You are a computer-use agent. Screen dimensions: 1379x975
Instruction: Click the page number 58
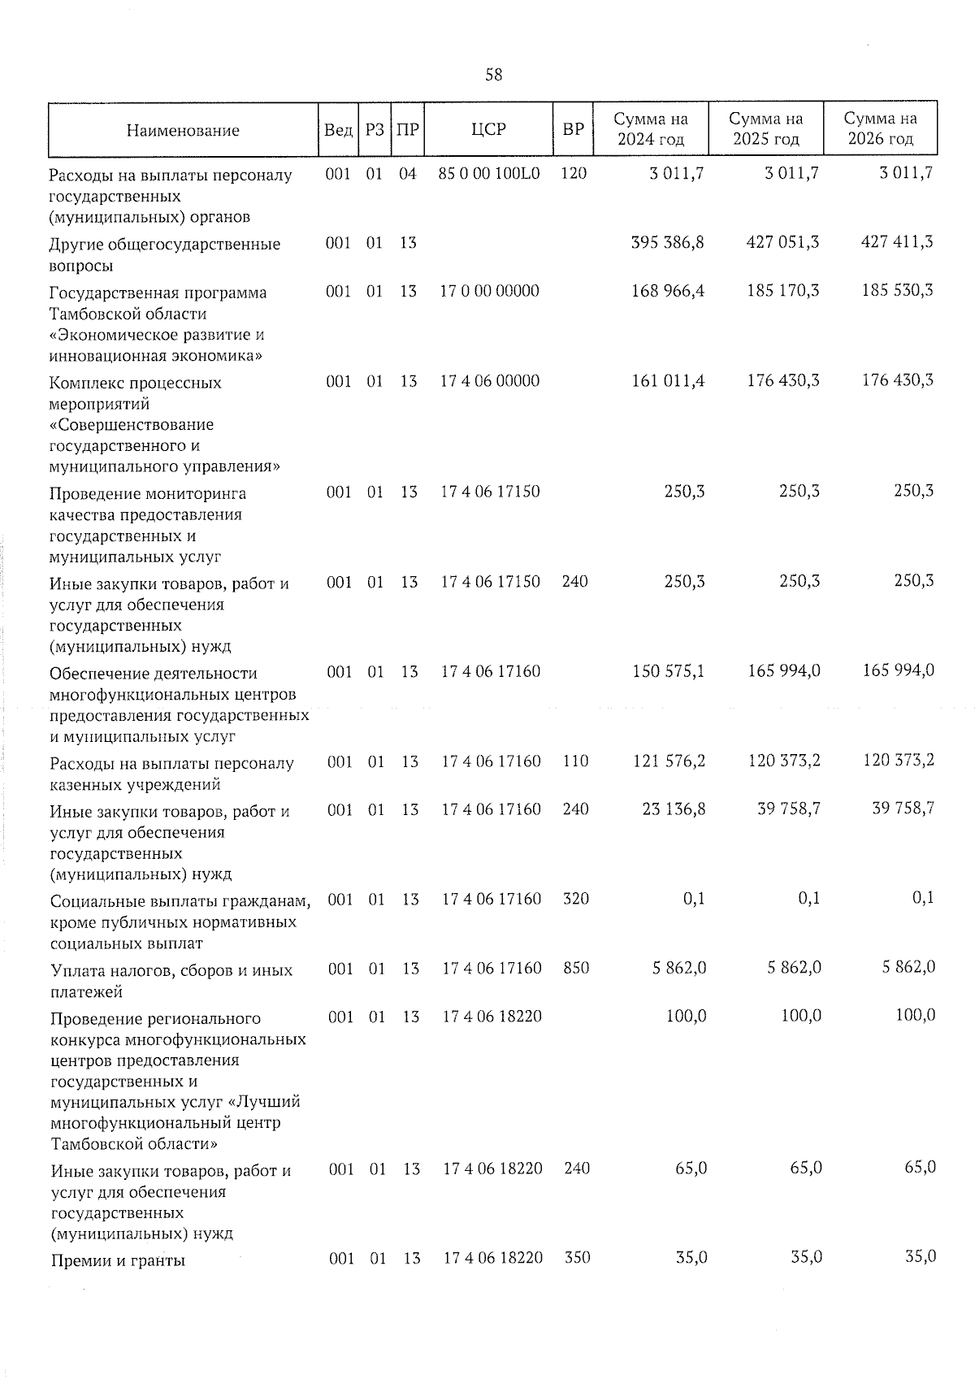(x=493, y=75)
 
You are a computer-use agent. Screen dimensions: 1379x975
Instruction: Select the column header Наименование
(x=183, y=130)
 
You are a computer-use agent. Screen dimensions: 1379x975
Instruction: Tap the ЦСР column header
(x=488, y=129)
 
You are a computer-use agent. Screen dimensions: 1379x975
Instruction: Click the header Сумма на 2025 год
(x=766, y=129)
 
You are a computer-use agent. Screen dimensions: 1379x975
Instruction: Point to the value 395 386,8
(x=667, y=242)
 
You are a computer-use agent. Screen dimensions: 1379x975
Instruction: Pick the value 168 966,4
(x=667, y=290)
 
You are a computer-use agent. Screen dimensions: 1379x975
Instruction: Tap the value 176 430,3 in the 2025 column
(x=782, y=380)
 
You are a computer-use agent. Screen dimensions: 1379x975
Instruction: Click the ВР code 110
(x=575, y=761)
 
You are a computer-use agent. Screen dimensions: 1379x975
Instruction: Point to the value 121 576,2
(x=668, y=761)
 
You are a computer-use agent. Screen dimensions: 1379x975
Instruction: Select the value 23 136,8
(x=674, y=809)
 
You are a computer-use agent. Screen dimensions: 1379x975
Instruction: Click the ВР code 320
(x=576, y=899)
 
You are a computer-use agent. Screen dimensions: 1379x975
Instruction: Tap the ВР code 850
(x=576, y=968)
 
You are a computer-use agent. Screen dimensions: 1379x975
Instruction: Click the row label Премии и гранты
(x=118, y=1260)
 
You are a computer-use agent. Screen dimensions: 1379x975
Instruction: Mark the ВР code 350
(x=577, y=1257)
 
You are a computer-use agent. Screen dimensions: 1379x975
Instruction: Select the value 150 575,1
(x=668, y=671)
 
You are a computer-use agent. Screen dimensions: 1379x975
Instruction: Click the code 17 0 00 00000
(x=489, y=291)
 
